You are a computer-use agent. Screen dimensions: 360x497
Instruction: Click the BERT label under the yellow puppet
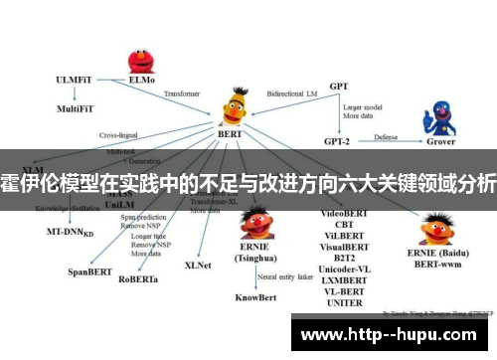click(230, 132)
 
